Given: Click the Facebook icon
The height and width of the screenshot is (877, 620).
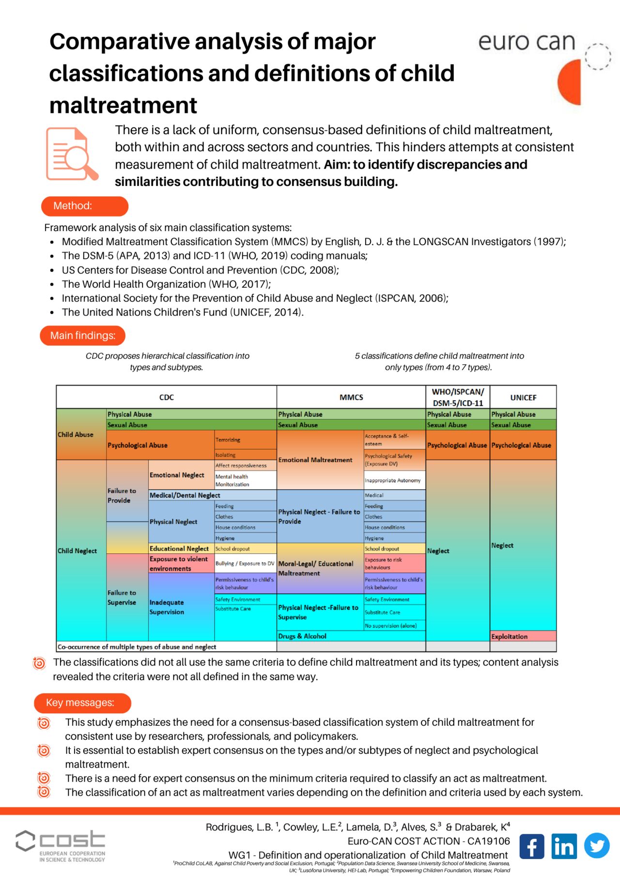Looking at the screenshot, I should point(532,846).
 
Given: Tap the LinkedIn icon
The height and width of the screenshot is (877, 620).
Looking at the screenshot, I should point(564,846).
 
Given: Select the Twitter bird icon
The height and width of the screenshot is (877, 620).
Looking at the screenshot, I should point(596,846).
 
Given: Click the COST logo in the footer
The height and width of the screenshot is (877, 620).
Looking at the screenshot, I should point(61,846).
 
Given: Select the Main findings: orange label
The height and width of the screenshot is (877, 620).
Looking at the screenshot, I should point(82,336).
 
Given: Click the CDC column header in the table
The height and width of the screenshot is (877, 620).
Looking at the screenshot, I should point(166,397).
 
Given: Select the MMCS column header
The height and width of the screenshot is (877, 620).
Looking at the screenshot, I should point(351,397).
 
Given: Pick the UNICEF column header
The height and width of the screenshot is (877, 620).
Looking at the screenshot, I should point(523,397).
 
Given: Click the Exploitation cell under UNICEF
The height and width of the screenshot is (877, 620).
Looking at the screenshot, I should point(523,636).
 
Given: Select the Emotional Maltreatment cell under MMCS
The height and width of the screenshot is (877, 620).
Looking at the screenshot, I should point(315,460).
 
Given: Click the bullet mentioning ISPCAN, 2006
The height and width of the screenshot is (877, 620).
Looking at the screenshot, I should point(255,298).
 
